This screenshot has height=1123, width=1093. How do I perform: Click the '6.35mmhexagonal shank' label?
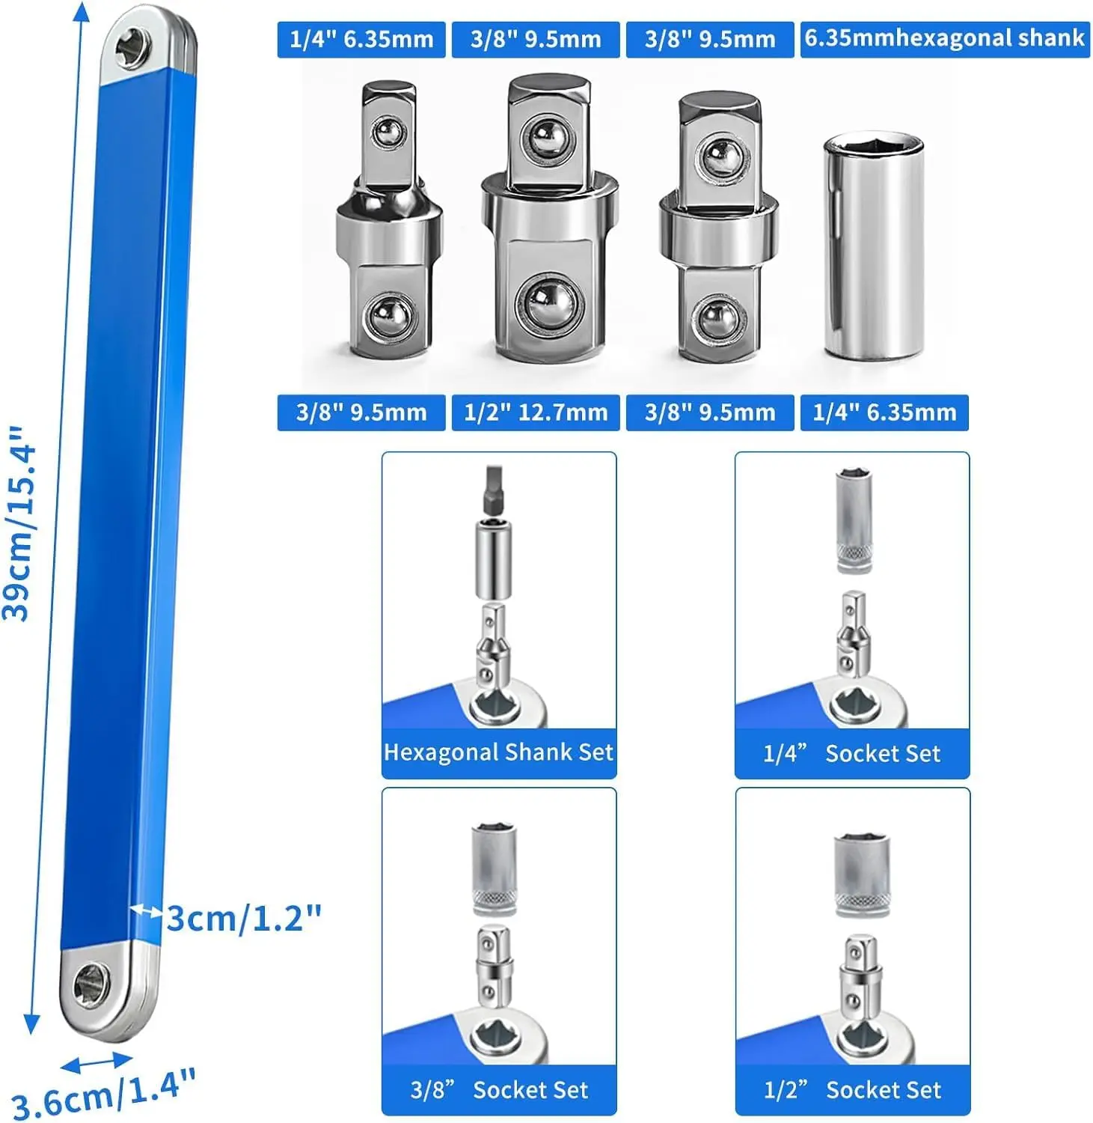(944, 38)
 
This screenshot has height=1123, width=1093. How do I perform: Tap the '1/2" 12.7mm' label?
(536, 413)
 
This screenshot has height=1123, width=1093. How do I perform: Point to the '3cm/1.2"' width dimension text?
(244, 918)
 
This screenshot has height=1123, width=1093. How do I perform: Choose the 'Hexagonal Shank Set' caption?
(498, 752)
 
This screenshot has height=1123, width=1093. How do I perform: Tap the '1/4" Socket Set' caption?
(851, 753)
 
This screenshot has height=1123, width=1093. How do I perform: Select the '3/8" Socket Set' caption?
(499, 1090)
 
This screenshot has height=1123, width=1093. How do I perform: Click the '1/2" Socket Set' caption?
(852, 1090)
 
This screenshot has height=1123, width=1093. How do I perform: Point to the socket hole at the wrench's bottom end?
(91, 982)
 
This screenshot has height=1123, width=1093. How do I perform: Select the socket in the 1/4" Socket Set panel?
(854, 521)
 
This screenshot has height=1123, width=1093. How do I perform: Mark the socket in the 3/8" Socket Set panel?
(495, 868)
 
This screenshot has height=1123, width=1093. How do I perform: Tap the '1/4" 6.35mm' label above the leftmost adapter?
(361, 39)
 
